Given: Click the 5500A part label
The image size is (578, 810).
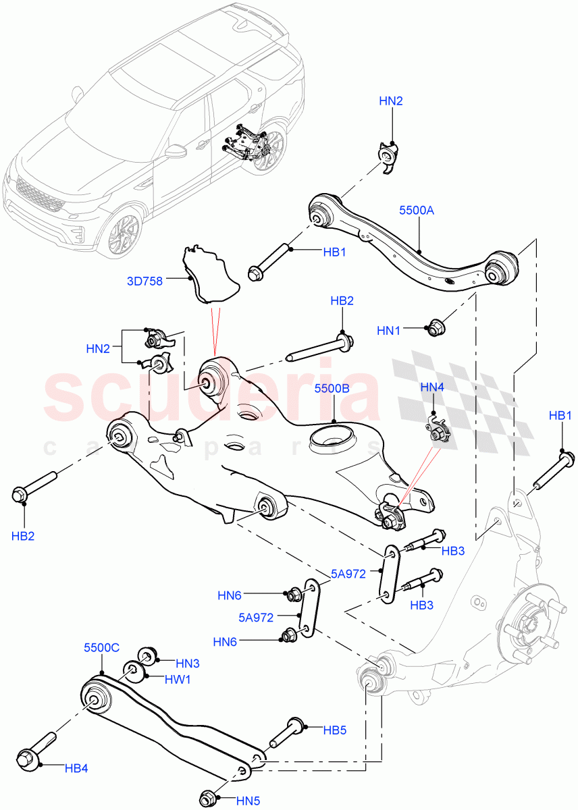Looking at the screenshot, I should (x=417, y=210).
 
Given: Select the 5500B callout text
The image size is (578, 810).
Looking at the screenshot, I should (x=332, y=389).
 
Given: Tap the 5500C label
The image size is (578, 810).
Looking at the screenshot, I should (x=101, y=647).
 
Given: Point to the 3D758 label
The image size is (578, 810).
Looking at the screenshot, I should (x=145, y=281).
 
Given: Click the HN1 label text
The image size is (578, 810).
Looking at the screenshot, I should (x=390, y=331).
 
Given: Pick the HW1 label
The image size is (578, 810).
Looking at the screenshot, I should (x=178, y=680).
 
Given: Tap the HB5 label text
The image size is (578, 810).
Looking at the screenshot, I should (x=334, y=730).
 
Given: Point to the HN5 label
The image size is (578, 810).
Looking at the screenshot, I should (x=249, y=801).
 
